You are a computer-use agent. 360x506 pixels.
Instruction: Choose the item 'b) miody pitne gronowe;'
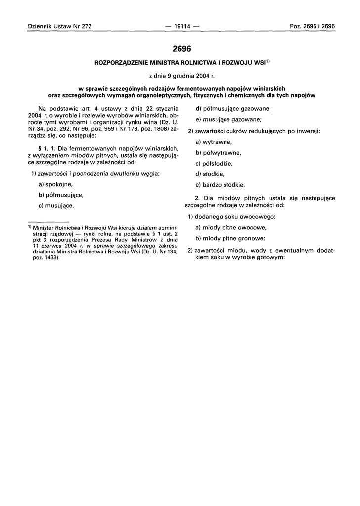(x=230, y=239)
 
